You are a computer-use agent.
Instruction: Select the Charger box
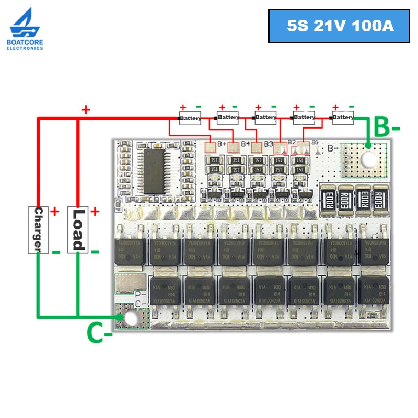(38, 229)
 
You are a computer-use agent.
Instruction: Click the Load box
(77, 229)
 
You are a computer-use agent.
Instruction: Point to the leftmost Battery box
(190, 118)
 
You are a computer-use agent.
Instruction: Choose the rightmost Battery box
(343, 117)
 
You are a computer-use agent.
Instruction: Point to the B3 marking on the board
(269, 144)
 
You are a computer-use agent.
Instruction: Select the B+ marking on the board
(222, 144)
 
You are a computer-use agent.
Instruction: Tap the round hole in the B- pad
(369, 160)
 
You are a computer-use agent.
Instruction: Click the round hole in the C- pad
(132, 317)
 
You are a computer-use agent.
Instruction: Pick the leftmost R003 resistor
(330, 199)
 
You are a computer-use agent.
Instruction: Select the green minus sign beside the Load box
(95, 252)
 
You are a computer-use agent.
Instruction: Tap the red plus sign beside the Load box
(95, 212)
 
